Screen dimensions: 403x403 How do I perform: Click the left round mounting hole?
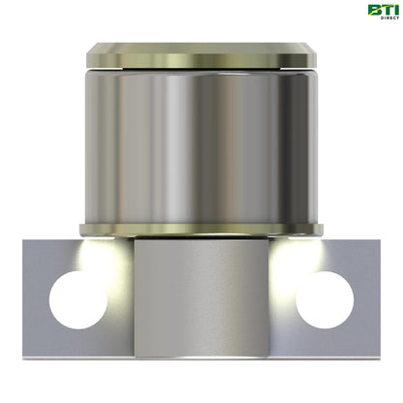[78, 299]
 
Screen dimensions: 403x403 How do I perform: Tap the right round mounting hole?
[324, 299]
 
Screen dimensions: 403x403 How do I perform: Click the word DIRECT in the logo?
[379, 19]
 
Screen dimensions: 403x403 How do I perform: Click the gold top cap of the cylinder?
[201, 54]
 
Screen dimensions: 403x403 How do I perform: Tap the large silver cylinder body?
[201, 145]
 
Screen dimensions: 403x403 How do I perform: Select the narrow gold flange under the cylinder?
[201, 230]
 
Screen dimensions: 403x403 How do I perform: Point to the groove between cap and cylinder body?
[201, 70]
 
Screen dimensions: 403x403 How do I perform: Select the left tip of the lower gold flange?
[80, 230]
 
